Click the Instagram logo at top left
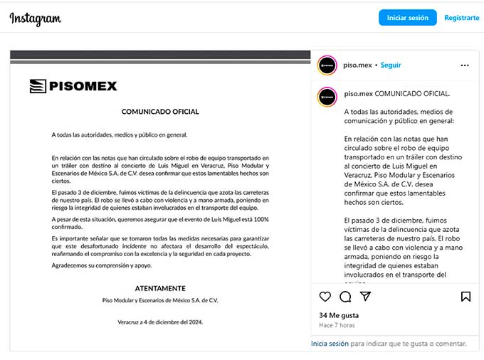click(35, 18)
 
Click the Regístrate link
click(461, 18)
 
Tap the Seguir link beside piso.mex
click(391, 65)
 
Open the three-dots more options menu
click(465, 65)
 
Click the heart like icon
click(325, 296)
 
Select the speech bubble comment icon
click(345, 296)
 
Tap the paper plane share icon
click(365, 296)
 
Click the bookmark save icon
click(465, 296)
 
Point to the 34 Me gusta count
click(339, 315)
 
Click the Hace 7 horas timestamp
click(337, 325)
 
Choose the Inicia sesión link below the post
click(330, 343)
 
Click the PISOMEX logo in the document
click(73, 86)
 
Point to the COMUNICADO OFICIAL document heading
click(160, 112)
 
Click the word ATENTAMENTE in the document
click(160, 288)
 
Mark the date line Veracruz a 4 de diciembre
click(160, 322)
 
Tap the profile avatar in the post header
click(327, 65)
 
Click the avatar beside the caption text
click(327, 96)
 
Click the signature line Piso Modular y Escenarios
click(160, 300)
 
